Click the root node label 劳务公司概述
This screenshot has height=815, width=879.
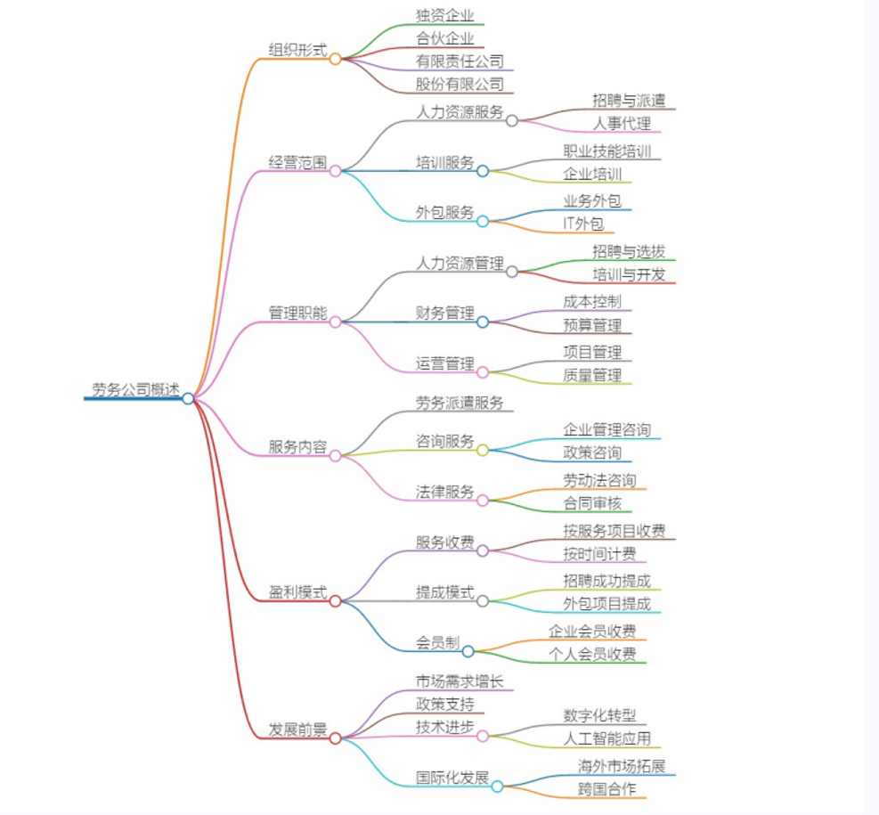[135, 390]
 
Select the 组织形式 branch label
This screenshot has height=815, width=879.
[297, 50]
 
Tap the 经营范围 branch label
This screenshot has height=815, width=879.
[297, 163]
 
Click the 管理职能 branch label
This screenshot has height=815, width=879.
[297, 314]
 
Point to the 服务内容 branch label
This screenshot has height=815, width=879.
[297, 447]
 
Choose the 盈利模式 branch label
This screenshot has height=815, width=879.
[297, 592]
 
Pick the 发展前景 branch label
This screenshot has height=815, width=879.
[297, 729]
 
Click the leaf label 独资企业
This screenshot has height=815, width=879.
[444, 15]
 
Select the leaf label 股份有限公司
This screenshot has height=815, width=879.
[460, 85]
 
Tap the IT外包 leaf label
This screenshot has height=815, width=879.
[583, 224]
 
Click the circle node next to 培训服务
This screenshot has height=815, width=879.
[483, 171]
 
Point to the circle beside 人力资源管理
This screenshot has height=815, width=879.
[512, 272]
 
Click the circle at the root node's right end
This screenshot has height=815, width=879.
[188, 399]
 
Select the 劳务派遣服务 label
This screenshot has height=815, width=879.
[460, 403]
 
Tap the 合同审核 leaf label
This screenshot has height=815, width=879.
[592, 504]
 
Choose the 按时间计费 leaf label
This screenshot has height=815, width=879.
[599, 554]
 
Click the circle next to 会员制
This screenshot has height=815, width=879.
[468, 651]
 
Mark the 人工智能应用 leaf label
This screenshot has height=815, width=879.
[606, 738]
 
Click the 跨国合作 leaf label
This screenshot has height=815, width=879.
[606, 788]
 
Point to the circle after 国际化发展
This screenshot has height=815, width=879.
[497, 786]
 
